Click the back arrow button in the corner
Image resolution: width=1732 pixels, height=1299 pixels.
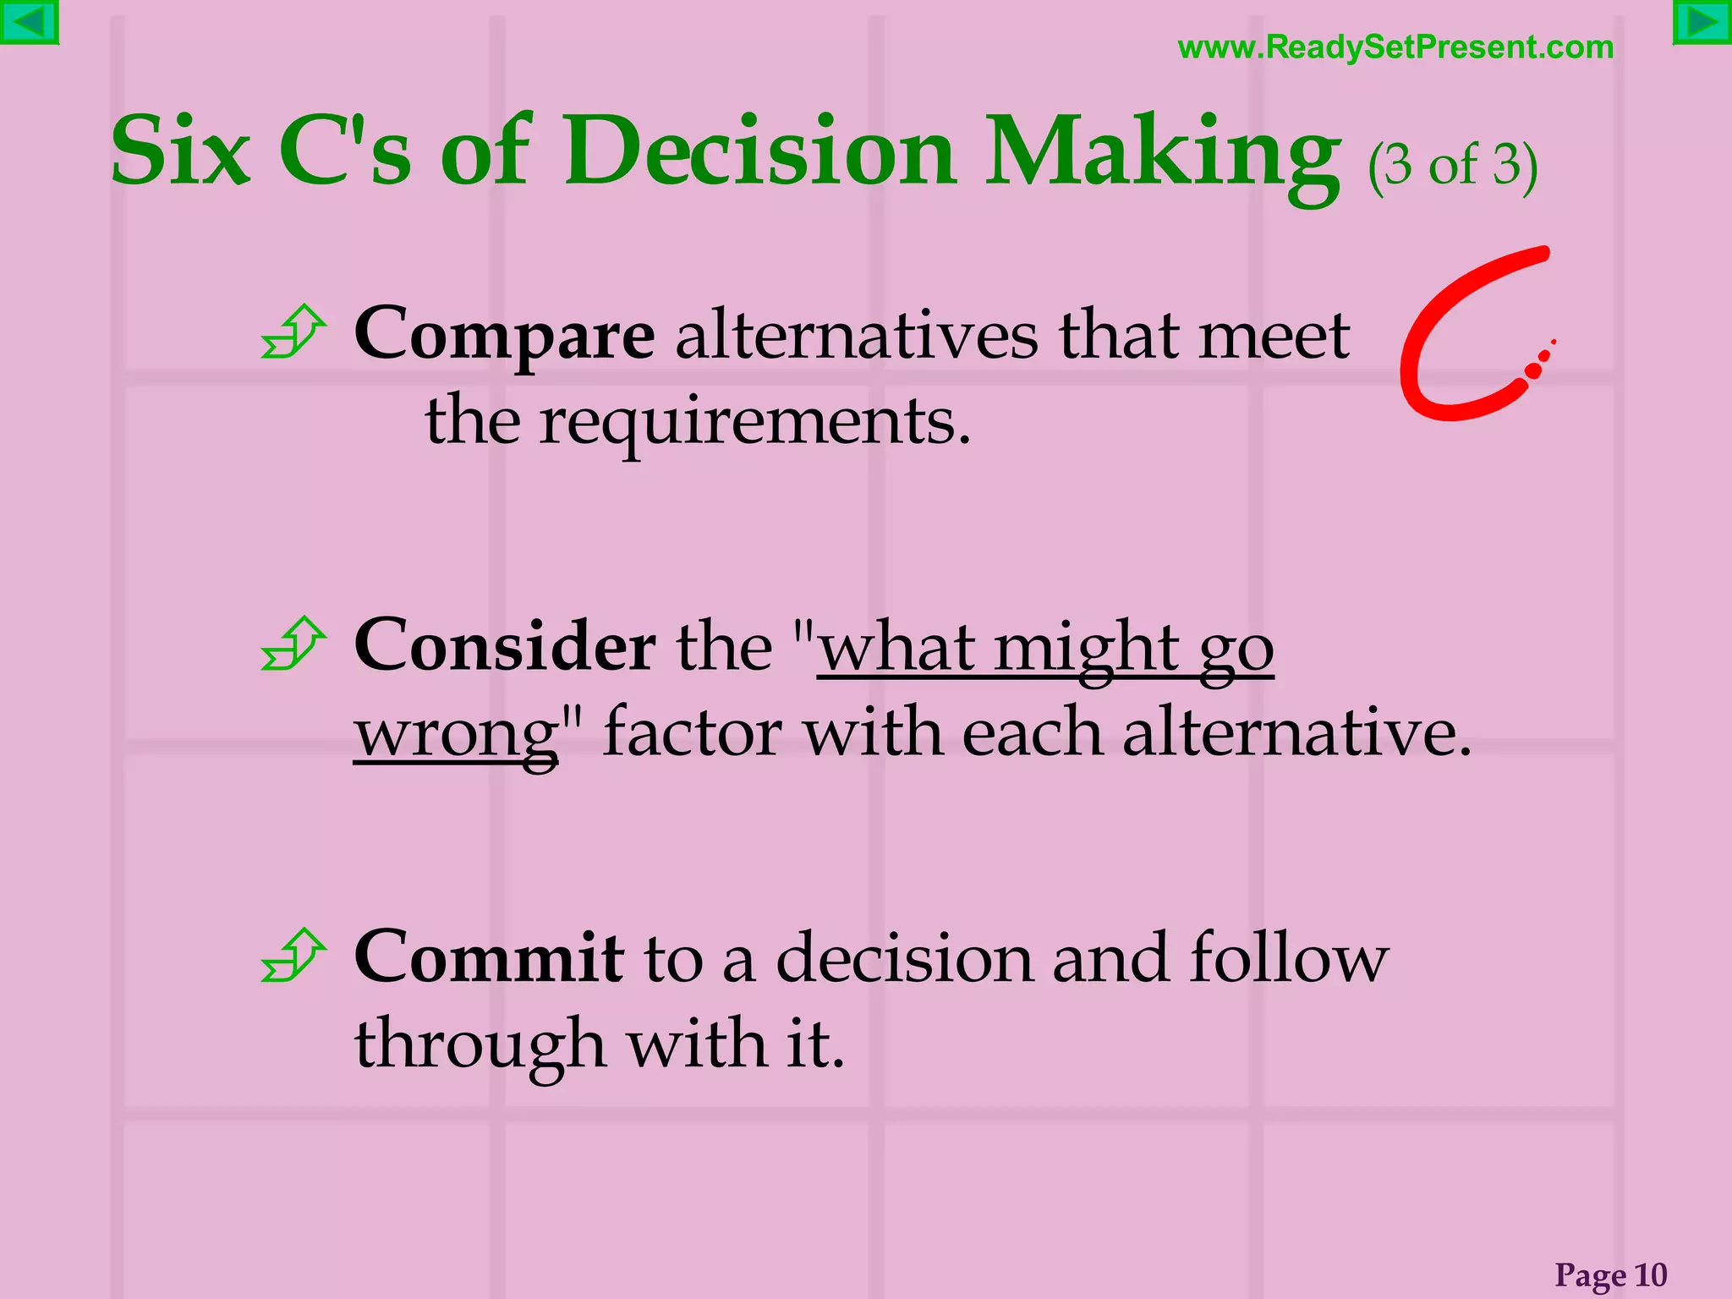click(x=29, y=22)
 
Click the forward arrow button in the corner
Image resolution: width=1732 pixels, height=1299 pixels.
click(x=1702, y=22)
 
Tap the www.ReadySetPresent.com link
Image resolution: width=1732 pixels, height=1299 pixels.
click(x=1395, y=47)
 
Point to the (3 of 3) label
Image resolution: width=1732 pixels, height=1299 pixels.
click(x=1452, y=165)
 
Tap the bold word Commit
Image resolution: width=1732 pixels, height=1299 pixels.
click(x=489, y=958)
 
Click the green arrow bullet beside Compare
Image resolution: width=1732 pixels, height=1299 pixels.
click(x=293, y=332)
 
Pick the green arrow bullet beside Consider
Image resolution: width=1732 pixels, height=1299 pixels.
click(x=293, y=644)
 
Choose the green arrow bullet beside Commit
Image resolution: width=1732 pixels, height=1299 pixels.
click(x=293, y=956)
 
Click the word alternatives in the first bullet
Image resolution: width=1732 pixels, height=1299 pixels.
click(x=856, y=336)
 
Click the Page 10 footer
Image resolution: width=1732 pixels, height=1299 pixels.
click(x=1610, y=1274)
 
